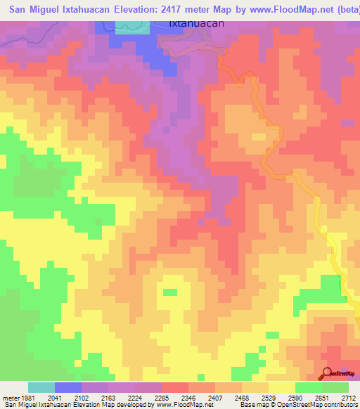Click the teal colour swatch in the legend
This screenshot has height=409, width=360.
point(41,388)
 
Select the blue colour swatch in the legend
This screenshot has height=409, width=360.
point(68,388)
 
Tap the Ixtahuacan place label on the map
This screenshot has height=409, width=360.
point(197,23)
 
